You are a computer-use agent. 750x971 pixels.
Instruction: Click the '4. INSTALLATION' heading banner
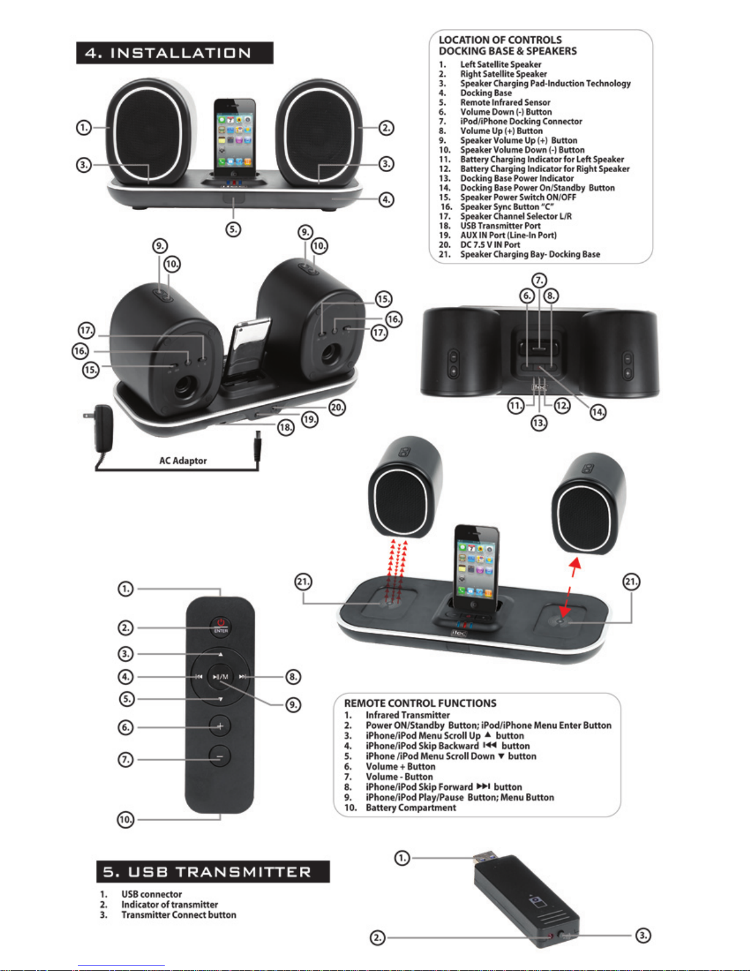[174, 53]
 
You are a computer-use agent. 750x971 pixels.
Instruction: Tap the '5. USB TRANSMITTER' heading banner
[213, 871]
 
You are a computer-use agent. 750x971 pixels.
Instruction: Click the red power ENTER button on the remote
[220, 625]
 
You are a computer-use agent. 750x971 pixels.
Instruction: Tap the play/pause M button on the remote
[220, 676]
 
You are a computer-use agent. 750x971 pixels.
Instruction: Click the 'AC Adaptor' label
[183, 460]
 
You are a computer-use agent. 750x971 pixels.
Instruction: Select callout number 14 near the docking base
[598, 412]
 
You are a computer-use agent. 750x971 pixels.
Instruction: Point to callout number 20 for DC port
[337, 407]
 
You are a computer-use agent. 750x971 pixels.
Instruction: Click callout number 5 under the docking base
[233, 229]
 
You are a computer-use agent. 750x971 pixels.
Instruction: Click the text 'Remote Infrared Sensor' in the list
[505, 102]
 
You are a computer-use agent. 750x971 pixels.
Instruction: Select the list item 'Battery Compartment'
[411, 807]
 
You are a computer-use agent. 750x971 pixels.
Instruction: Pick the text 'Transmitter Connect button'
[179, 915]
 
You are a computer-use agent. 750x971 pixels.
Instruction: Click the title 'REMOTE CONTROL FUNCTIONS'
[420, 703]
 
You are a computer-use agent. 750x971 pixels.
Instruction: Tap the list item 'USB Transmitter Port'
[500, 225]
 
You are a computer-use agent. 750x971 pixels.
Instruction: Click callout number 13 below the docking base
[539, 423]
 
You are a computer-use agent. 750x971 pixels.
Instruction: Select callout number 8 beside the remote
[293, 676]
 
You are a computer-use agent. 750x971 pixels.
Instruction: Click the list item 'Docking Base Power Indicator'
[517, 178]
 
